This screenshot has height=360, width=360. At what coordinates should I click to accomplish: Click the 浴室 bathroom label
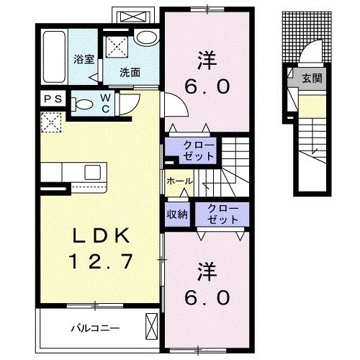[x=84, y=59]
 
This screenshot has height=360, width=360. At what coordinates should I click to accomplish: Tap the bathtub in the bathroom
[x=54, y=57]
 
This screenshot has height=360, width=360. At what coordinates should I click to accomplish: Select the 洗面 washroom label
[x=130, y=72]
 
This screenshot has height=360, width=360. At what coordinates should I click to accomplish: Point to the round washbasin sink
[x=146, y=37]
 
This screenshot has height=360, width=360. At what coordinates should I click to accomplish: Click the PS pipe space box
[x=53, y=99]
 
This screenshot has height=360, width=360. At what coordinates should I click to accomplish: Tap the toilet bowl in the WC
[x=81, y=104]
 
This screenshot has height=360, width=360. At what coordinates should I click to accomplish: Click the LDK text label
[x=102, y=235]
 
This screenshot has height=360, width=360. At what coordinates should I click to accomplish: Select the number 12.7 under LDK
[x=101, y=261]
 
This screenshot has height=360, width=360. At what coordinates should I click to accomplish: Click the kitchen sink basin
[x=92, y=172]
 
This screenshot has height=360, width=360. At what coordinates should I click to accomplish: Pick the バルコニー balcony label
[x=95, y=328]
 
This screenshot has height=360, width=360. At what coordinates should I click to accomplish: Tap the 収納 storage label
[x=177, y=214]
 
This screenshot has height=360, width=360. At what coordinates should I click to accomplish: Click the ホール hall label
[x=180, y=181]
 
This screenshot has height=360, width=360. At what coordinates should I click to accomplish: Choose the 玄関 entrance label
[x=312, y=78]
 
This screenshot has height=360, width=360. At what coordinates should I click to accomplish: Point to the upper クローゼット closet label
[x=199, y=150]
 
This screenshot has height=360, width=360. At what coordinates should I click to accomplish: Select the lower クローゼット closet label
[x=223, y=214]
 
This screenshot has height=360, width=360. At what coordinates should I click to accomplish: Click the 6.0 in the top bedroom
[x=207, y=87]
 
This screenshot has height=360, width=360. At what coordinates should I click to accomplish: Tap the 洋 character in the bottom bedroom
[x=207, y=272]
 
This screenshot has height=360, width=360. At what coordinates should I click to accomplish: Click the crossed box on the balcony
[x=152, y=326]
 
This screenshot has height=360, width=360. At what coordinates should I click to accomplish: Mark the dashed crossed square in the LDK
[x=51, y=122]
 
